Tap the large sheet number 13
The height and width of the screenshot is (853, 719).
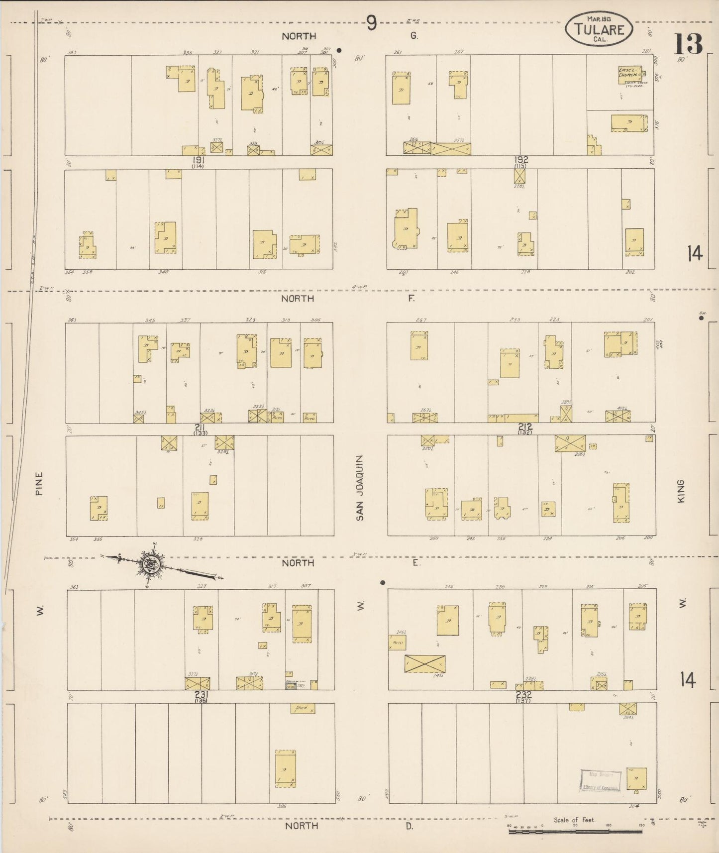688,44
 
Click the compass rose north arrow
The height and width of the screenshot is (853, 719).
149,564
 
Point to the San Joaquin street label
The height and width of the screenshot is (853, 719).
360,488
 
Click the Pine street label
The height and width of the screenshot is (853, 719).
39,483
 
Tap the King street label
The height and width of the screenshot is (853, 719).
681,491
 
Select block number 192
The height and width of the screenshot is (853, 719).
521,160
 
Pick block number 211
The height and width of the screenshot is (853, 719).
200,427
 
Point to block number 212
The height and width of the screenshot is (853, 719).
525,426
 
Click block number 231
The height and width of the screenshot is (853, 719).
201,695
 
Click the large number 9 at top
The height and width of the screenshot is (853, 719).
372,23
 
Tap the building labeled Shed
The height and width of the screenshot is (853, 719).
303,708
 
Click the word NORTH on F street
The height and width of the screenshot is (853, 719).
298,299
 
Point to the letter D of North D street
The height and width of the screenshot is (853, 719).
409,826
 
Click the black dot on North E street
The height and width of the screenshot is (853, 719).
383,582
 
